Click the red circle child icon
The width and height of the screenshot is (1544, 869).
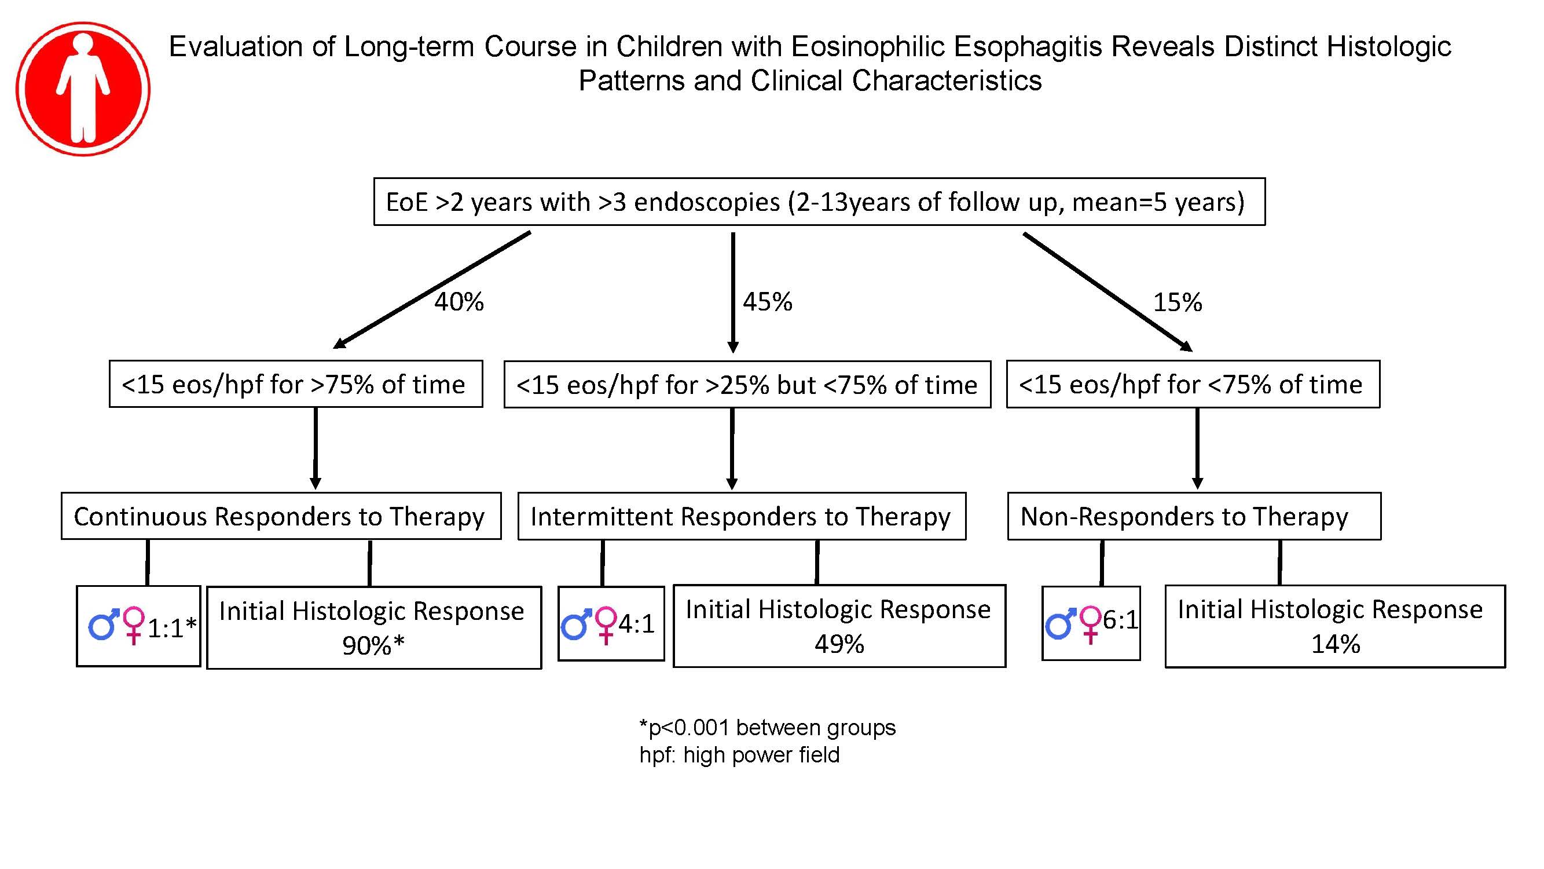[83, 89]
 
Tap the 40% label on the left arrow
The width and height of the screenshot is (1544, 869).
[459, 302]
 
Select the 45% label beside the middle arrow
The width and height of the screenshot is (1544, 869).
[767, 302]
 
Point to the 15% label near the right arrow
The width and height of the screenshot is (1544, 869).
[1177, 302]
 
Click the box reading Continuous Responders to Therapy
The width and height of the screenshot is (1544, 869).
[281, 516]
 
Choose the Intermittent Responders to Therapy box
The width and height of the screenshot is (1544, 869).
[742, 516]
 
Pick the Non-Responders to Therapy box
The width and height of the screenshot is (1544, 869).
[1194, 516]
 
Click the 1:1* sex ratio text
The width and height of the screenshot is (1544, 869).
[172, 628]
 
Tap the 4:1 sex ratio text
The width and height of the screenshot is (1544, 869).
[637, 624]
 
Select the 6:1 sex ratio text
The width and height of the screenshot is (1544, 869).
[1120, 620]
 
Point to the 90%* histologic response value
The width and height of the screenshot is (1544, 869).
[373, 645]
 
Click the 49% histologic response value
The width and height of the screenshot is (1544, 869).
[839, 644]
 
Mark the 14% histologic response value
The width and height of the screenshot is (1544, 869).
[1336, 644]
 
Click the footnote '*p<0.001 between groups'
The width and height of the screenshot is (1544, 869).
[768, 728]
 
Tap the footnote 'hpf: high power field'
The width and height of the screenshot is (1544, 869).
[740, 754]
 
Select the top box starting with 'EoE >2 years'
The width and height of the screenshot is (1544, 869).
[819, 202]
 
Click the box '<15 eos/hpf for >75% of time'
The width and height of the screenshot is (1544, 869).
[296, 384]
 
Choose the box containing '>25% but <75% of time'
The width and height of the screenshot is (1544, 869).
[747, 385]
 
